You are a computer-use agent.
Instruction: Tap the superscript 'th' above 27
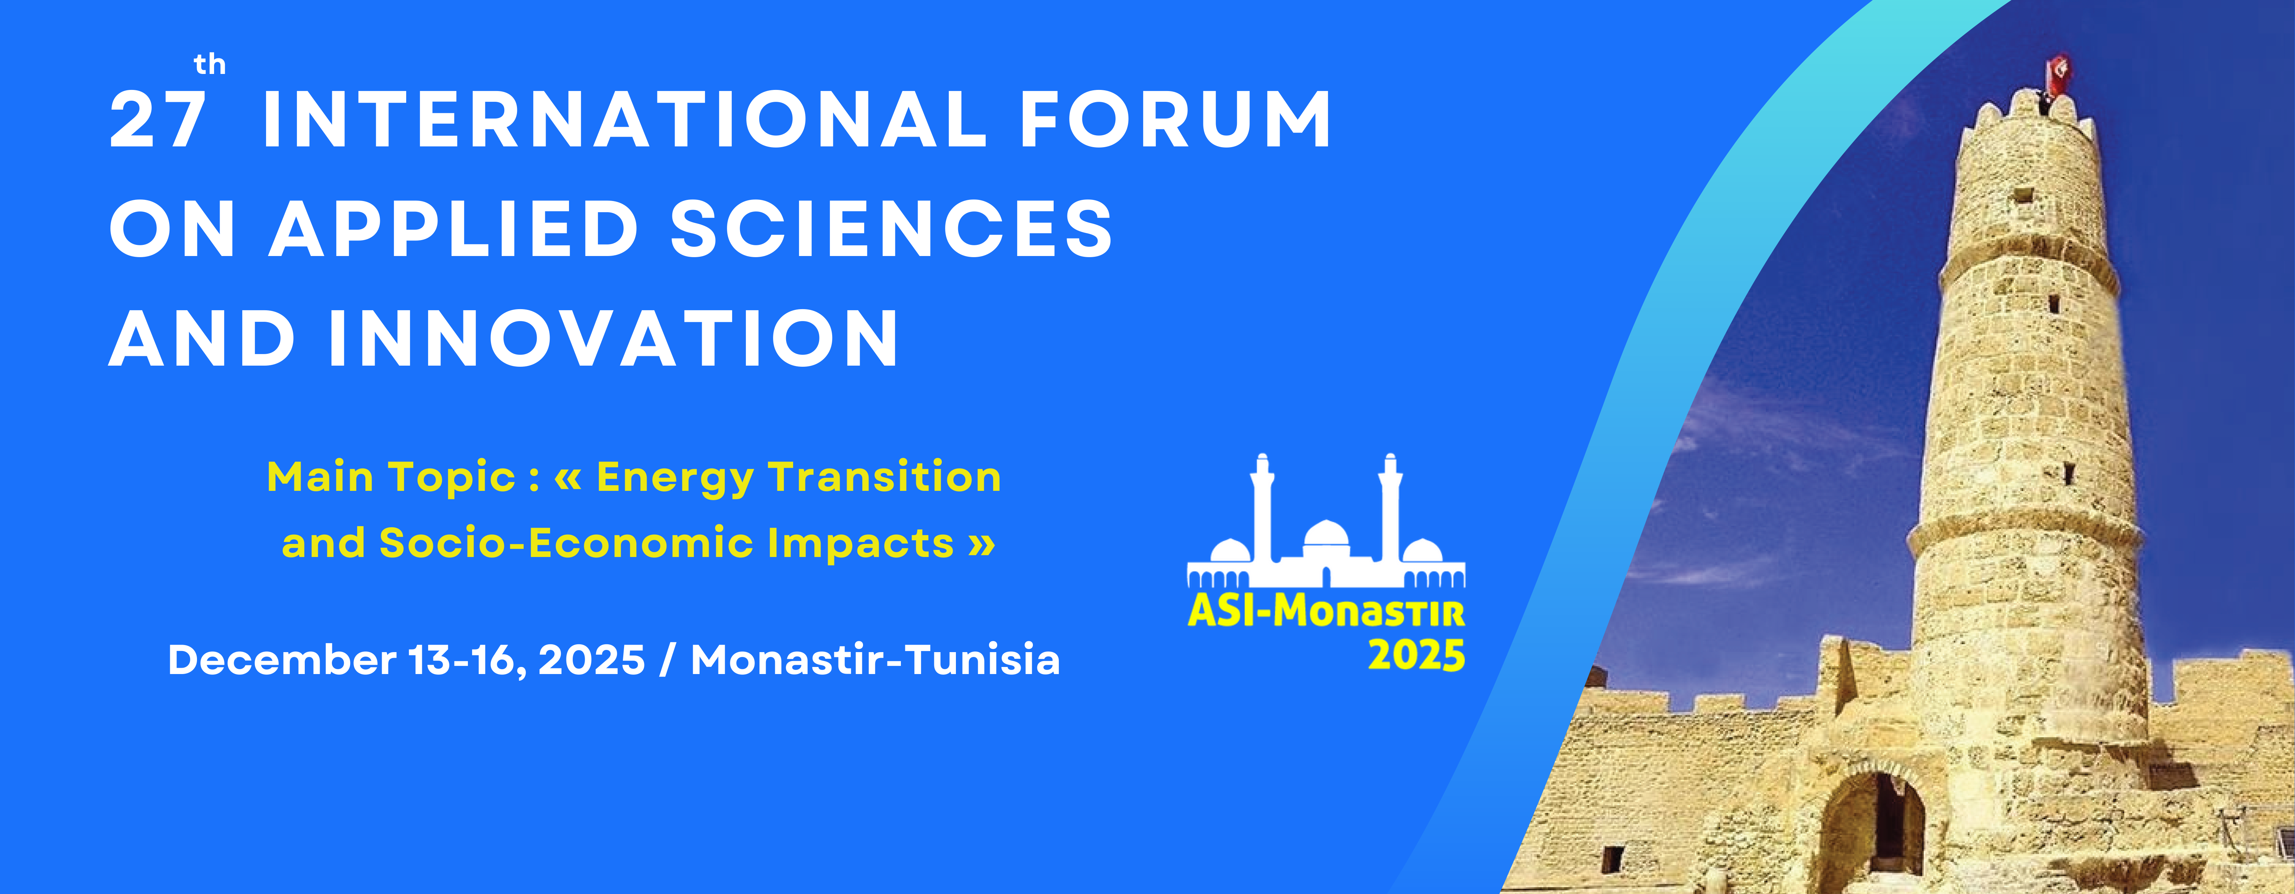point(210,64)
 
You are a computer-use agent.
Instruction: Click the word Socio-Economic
point(566,543)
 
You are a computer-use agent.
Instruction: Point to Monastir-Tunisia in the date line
point(875,660)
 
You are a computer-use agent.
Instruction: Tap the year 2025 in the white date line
point(592,660)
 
